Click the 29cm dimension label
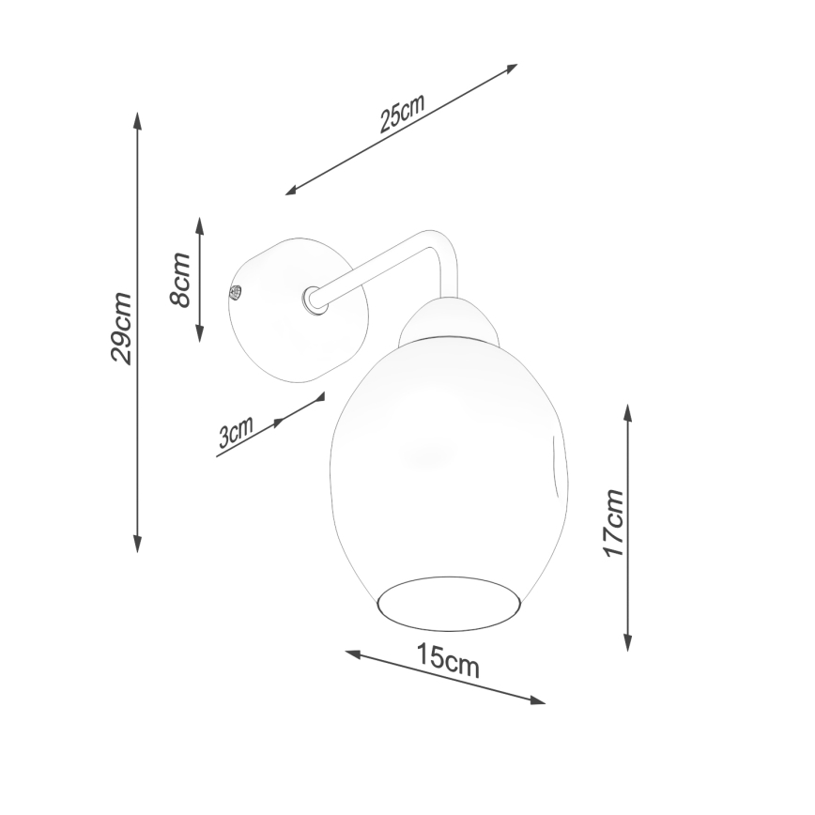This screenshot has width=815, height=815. [121, 329]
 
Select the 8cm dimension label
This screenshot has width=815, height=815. [180, 279]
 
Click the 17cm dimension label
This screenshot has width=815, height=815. [614, 524]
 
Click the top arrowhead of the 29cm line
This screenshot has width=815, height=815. [138, 119]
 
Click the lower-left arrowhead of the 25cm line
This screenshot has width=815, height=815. [291, 192]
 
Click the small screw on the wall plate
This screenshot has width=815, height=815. [237, 292]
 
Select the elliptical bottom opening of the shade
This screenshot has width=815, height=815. [449, 602]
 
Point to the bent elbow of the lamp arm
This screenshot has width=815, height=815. [442, 246]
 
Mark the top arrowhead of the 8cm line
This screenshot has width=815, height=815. [199, 223]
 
